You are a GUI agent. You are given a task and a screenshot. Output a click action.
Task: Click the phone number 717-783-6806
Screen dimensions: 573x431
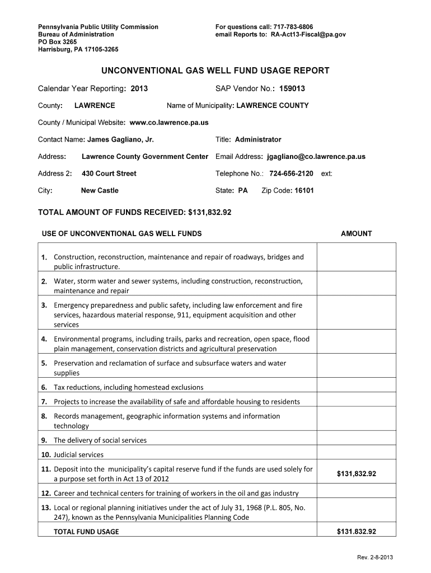293,27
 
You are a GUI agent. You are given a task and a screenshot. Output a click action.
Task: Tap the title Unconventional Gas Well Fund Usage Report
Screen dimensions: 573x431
215,71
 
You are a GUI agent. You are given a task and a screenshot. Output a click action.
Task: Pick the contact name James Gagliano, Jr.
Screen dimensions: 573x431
120,139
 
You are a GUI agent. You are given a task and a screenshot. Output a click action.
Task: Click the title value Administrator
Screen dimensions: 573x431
258,139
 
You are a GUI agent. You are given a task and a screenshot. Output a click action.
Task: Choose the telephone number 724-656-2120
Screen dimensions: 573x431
291,173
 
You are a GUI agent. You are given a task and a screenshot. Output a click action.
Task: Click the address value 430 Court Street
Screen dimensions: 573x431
109,173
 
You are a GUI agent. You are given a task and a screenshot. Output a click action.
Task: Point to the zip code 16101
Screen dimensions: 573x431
304,190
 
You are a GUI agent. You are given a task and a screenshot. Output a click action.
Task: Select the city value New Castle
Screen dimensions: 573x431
100,190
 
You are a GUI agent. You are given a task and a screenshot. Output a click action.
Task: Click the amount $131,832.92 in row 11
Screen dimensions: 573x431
357,474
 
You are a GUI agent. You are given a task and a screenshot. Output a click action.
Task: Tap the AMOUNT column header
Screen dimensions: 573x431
356,233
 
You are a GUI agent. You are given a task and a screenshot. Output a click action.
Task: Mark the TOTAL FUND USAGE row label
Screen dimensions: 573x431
86,532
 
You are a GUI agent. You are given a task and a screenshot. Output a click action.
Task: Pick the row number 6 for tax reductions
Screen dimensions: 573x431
44,387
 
